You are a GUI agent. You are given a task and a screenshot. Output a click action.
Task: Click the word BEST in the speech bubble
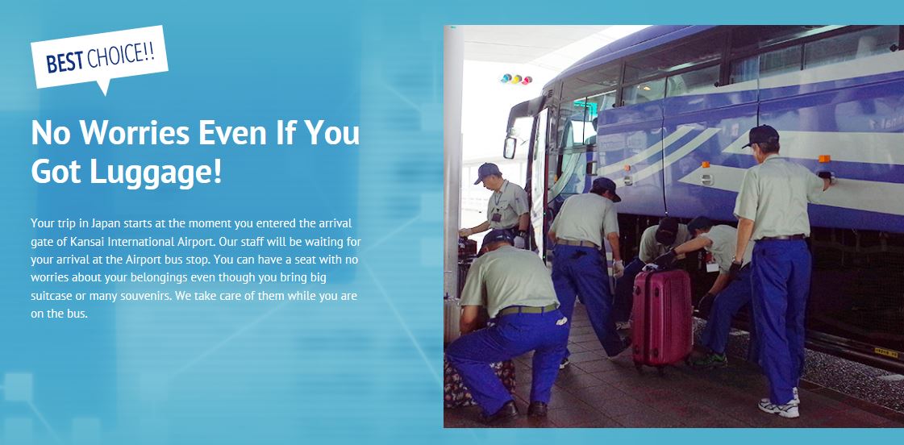65,61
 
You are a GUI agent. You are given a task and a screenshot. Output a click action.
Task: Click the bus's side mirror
510,148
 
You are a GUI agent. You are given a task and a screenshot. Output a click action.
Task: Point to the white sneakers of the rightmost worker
780,405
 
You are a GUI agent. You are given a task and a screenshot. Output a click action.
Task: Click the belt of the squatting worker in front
527,310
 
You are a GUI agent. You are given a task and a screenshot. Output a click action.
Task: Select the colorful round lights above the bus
516,78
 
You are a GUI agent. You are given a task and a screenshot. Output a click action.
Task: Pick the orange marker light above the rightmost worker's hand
824,159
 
